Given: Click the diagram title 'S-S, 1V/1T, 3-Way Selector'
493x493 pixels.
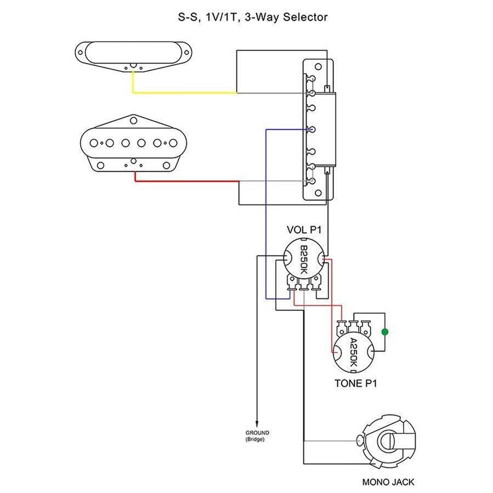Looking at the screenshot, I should point(253,17).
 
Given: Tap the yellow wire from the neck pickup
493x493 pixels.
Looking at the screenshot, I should point(181,93).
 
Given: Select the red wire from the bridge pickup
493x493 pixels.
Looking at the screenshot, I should point(186,181).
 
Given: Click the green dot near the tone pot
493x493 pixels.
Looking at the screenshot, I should point(385,332).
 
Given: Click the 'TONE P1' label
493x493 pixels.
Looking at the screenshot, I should point(355,383).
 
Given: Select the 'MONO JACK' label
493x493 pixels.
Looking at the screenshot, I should point(388,482).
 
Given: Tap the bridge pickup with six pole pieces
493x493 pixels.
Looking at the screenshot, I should point(133,143).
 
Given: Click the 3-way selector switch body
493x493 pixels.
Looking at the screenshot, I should point(319,130).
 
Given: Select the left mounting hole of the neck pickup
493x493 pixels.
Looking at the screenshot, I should point(81,53).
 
